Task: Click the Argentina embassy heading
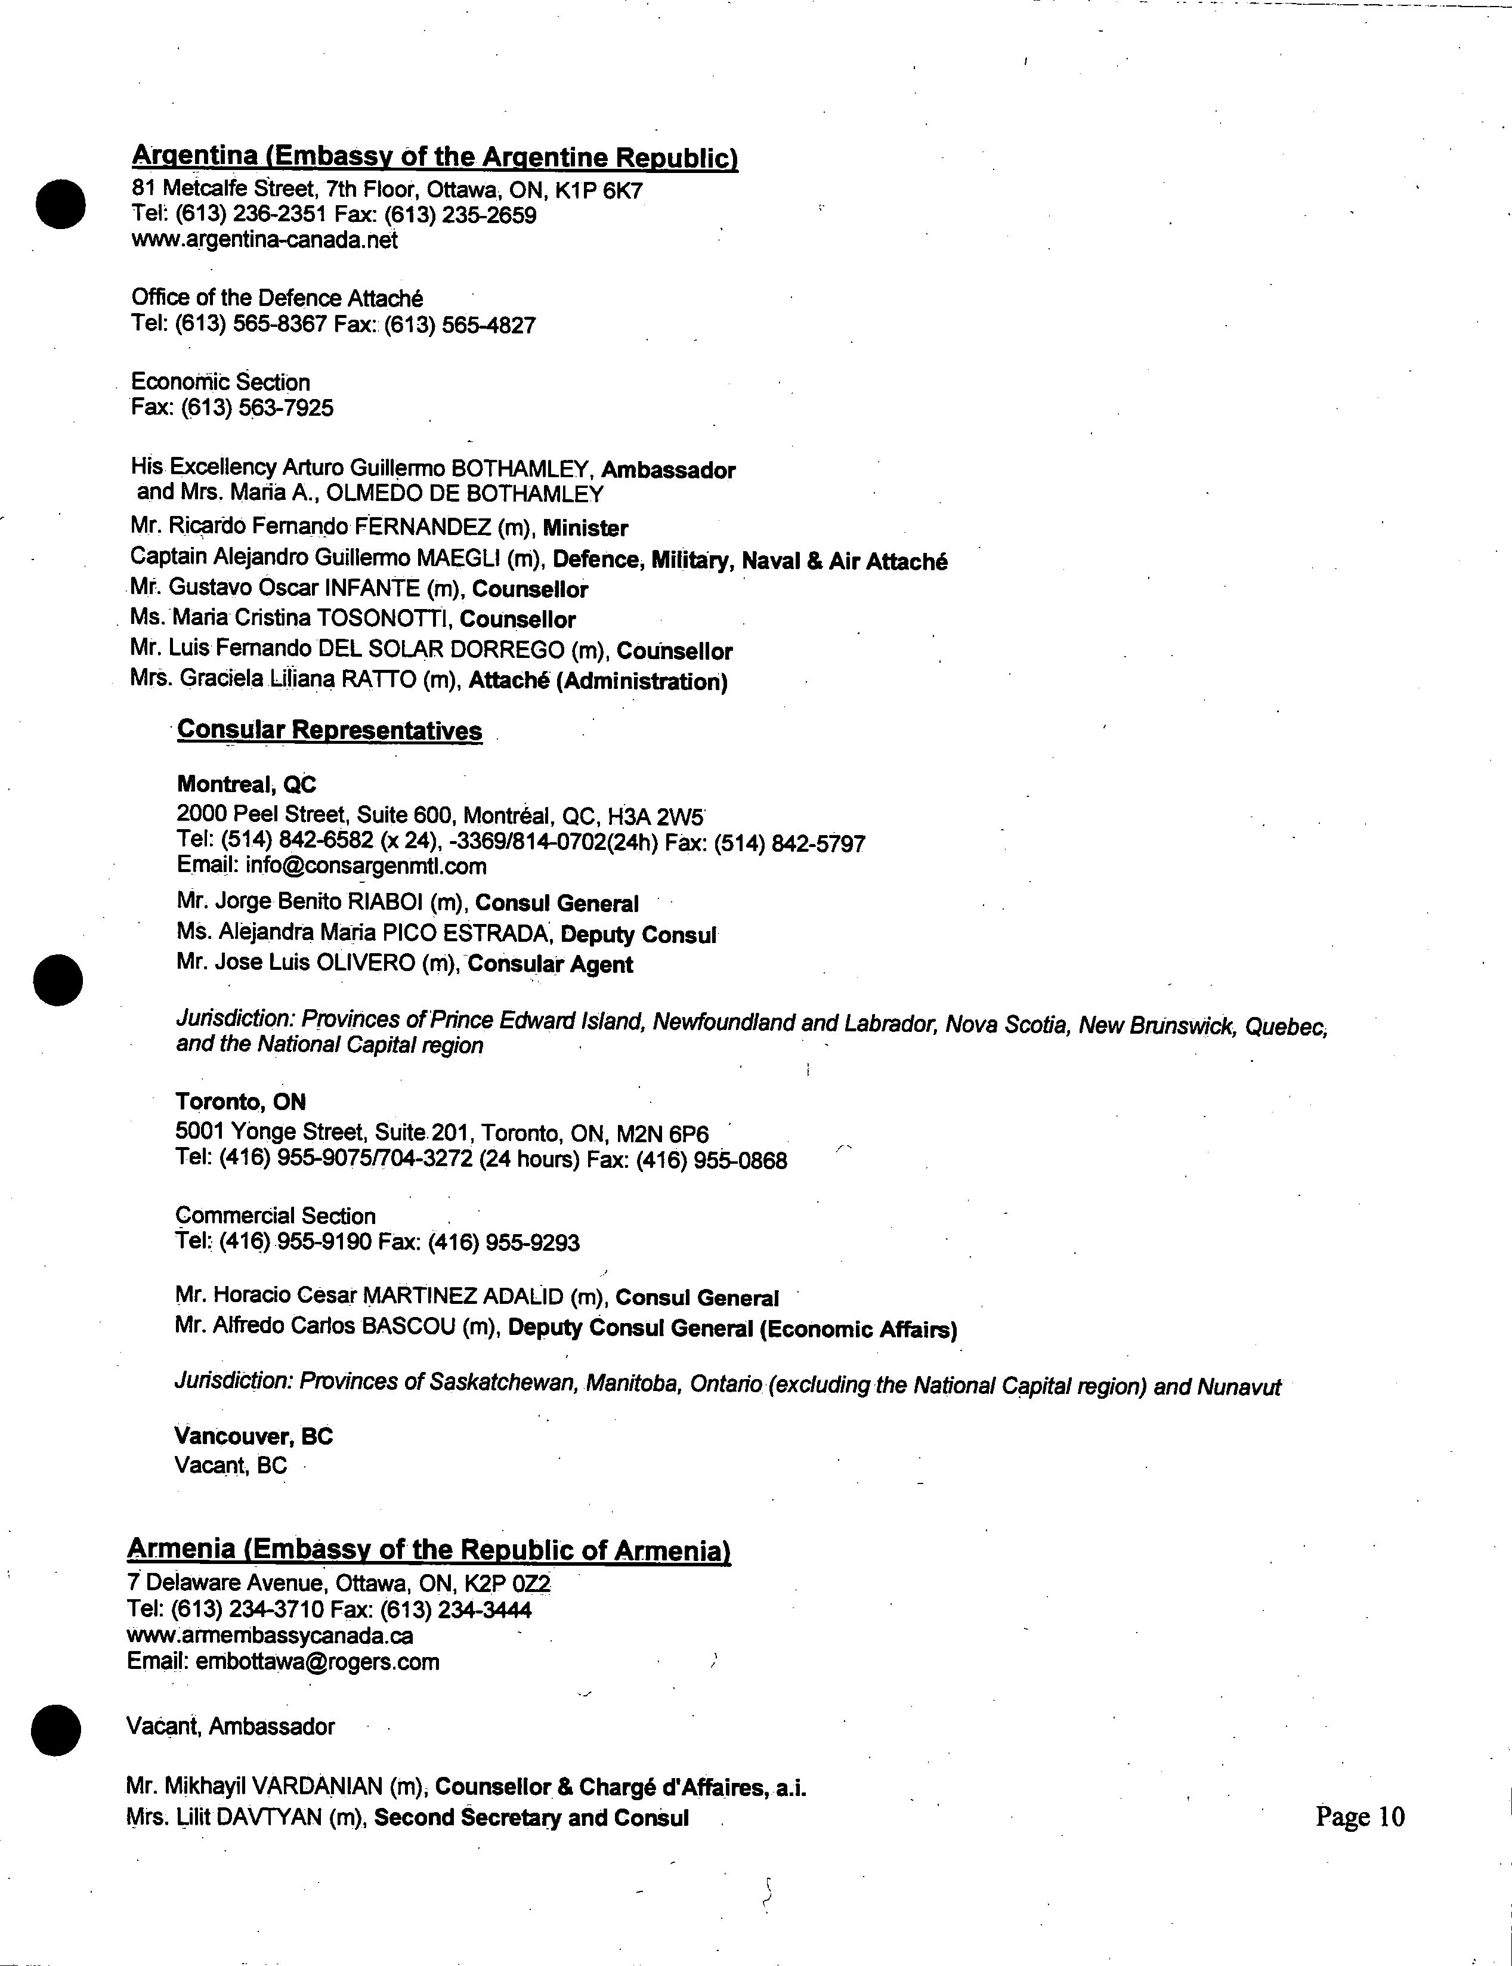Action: pos(435,157)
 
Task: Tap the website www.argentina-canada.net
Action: pos(265,240)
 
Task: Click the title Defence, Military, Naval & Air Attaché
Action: pos(750,561)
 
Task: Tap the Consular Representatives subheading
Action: pos(329,730)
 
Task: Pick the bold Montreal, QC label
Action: pos(246,784)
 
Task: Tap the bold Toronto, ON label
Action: pos(240,1102)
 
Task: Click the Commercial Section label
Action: pos(276,1216)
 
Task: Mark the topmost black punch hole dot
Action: pos(60,203)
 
